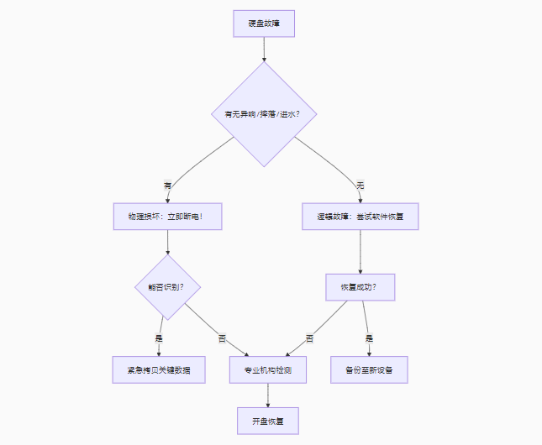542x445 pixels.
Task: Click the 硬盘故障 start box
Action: click(x=264, y=24)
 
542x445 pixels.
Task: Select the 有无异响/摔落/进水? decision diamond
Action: click(x=264, y=113)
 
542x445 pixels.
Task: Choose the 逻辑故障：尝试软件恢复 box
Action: click(x=360, y=216)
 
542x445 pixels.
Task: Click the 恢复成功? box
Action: click(x=360, y=287)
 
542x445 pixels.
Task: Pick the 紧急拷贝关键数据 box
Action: click(x=159, y=369)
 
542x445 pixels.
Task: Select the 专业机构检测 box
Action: click(x=268, y=369)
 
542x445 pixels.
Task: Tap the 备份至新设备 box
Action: click(x=369, y=369)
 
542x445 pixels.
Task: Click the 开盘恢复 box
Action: click(x=268, y=420)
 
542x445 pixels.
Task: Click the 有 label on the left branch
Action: click(x=167, y=185)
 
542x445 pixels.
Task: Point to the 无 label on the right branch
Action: click(x=360, y=185)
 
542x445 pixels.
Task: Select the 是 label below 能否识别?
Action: click(x=159, y=338)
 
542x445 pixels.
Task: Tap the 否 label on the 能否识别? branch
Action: click(x=223, y=338)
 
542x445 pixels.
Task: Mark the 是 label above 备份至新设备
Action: click(x=368, y=338)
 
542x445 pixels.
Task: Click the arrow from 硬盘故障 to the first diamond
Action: click(x=264, y=50)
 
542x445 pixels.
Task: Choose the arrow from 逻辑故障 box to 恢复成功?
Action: click(x=360, y=252)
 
